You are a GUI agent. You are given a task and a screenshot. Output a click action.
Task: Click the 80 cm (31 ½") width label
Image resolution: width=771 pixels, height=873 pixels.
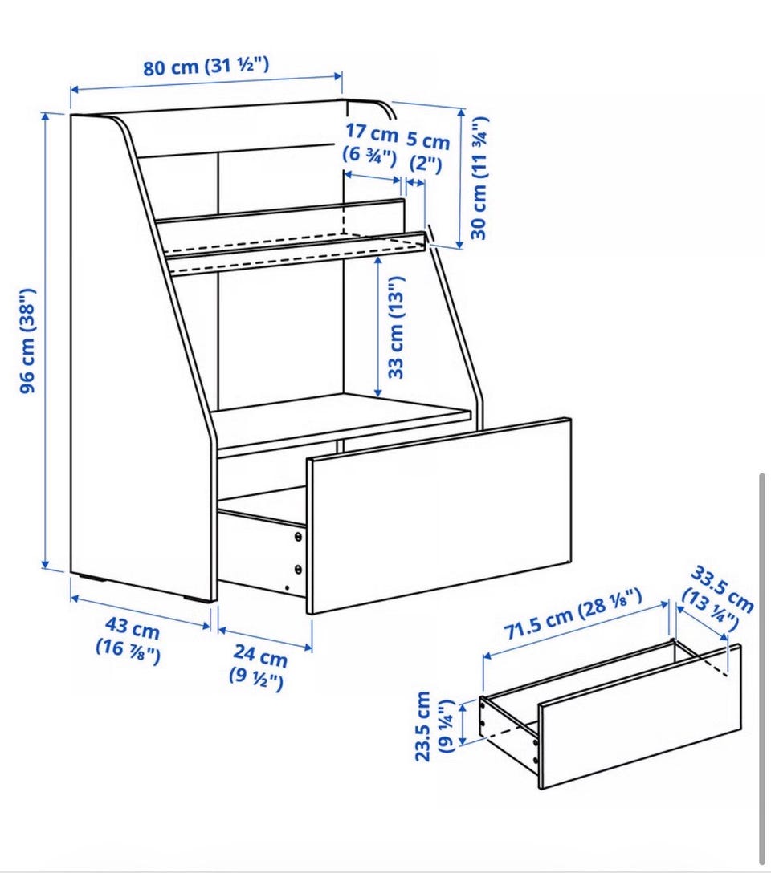[206, 67]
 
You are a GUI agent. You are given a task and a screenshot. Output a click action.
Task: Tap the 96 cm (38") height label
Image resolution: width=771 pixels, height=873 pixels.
[28, 341]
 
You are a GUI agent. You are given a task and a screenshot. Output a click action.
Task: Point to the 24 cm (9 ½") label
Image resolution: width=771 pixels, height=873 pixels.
[258, 666]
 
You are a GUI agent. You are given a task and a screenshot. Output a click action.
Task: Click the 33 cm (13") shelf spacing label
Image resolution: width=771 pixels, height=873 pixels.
[395, 328]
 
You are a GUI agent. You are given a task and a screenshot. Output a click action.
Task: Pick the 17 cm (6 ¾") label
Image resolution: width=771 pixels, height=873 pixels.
[371, 144]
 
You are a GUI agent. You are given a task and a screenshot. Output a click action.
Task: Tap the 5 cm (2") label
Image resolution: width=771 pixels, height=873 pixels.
[427, 152]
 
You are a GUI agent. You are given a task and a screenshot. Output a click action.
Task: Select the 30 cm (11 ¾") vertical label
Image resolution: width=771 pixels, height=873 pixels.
[479, 178]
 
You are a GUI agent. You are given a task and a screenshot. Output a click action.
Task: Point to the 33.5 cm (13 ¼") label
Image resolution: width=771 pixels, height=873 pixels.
[718, 598]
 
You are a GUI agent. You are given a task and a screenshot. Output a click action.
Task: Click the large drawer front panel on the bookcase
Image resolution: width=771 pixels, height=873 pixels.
[439, 516]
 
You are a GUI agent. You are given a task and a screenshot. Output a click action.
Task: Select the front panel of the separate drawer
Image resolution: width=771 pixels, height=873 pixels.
[640, 717]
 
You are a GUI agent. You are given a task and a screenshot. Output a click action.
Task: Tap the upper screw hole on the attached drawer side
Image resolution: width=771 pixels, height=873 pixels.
[298, 538]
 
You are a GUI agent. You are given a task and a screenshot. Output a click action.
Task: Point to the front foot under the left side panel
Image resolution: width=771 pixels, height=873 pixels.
[198, 599]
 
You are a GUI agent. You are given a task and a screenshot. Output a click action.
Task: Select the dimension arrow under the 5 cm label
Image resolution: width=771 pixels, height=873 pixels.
[415, 182]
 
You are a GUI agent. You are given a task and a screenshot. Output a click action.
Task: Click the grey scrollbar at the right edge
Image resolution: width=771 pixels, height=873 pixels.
[762, 668]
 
